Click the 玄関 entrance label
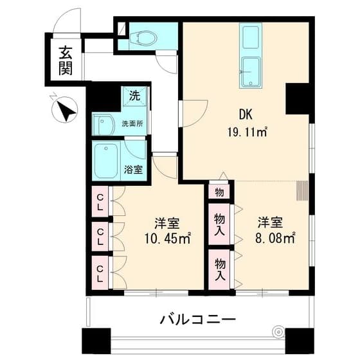click(x=65, y=60)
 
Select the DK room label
click(x=245, y=115)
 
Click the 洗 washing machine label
click(x=134, y=96)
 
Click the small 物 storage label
click(x=219, y=192)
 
